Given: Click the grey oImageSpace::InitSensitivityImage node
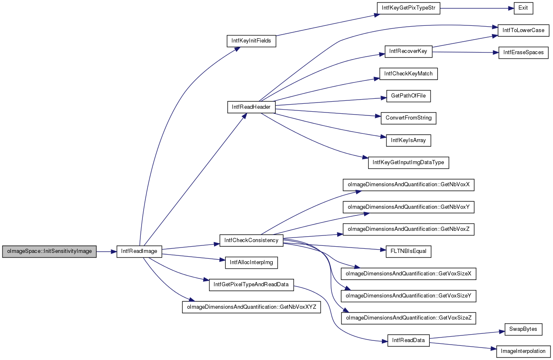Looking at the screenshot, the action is [50, 252].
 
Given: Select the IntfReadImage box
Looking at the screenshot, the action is [139, 252].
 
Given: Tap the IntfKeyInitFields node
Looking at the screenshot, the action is [252, 41].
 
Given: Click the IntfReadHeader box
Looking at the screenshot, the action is [252, 107].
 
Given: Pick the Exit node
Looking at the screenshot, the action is [523, 8].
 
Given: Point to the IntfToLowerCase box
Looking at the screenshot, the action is [523, 30].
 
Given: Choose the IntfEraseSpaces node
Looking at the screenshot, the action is [523, 52].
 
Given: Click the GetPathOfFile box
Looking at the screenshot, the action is [409, 96].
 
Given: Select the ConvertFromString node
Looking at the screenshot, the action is [409, 118].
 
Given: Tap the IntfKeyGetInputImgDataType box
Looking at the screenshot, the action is [409, 162].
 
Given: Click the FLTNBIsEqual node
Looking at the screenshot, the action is [409, 252].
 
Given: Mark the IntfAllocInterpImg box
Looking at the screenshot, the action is [252, 262].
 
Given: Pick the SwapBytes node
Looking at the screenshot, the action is [523, 329].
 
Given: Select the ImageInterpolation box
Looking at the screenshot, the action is [523, 352].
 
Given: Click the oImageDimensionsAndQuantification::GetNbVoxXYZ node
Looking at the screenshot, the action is [252, 307].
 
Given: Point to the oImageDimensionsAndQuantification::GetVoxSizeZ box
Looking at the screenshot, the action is [409, 318].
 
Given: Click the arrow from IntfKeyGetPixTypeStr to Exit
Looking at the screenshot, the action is [477, 8].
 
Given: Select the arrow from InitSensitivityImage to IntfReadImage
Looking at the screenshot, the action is [107, 252].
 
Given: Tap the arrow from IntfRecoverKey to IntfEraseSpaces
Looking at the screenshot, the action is [466, 52].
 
